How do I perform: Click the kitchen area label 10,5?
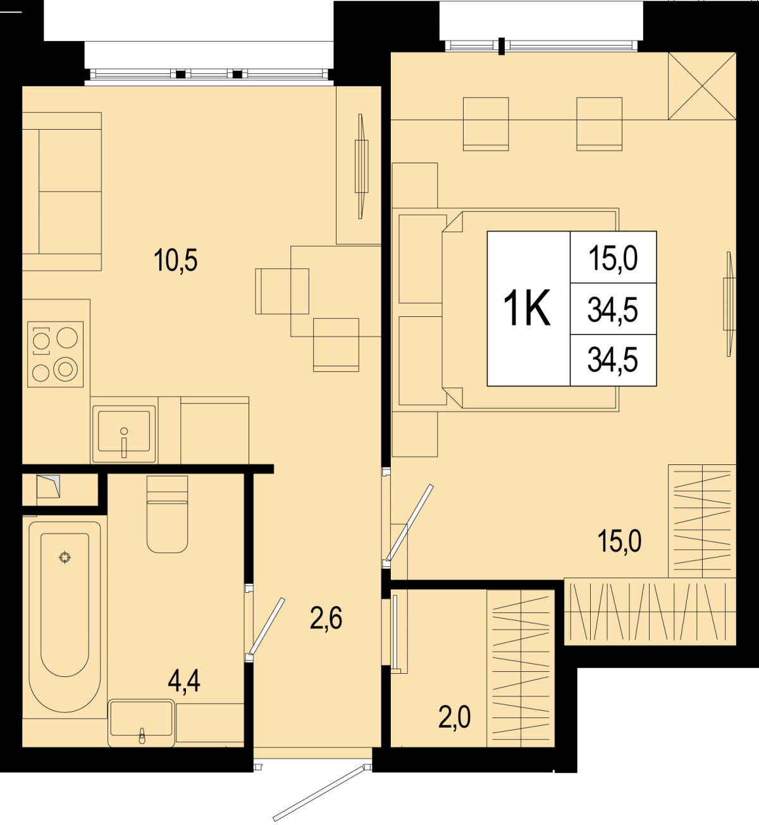pyautogui.click(x=176, y=260)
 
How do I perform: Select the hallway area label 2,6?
pyautogui.click(x=326, y=618)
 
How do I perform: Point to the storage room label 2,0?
pyautogui.click(x=454, y=717)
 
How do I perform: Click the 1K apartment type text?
pyautogui.click(x=527, y=308)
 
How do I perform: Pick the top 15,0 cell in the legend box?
pyautogui.click(x=613, y=258)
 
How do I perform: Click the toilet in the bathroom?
pyautogui.click(x=167, y=514)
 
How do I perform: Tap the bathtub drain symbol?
pyautogui.click(x=65, y=557)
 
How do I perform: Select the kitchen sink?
pyautogui.click(x=124, y=434)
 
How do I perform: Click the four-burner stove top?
pyautogui.click(x=56, y=354)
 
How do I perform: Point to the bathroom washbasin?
pyautogui.click(x=141, y=723)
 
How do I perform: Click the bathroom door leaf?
pyautogui.click(x=267, y=626)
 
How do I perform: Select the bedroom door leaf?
pyautogui.click(x=410, y=523)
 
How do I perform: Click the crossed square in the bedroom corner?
pyautogui.click(x=702, y=86)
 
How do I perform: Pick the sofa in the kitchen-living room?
pyautogui.click(x=62, y=191)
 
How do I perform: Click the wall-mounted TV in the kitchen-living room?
pyautogui.click(x=361, y=166)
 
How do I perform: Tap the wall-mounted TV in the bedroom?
pyautogui.click(x=730, y=304)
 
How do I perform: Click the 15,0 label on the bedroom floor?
pyautogui.click(x=619, y=541)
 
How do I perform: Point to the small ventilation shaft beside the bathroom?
pyautogui.click(x=49, y=487)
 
